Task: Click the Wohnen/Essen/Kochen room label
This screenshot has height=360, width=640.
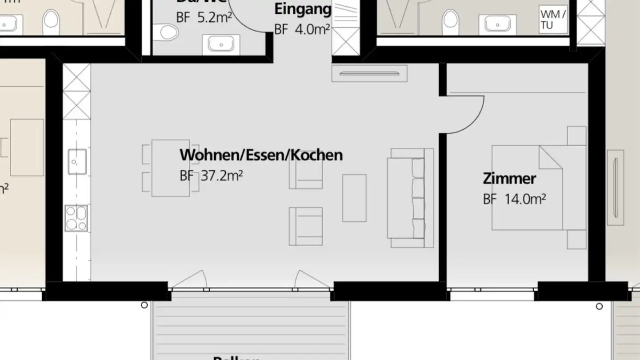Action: [261, 155]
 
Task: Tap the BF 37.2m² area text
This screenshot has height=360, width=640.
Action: [211, 176]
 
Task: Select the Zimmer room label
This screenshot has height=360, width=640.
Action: [509, 179]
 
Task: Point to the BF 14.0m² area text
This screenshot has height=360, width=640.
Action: [514, 200]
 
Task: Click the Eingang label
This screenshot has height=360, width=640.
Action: [303, 9]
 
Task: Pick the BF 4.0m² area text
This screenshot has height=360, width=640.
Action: [302, 30]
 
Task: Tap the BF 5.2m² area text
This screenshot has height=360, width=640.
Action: [204, 18]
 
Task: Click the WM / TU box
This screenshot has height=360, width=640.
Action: [553, 20]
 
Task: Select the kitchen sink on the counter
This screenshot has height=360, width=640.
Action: [77, 161]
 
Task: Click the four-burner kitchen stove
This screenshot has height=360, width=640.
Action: [76, 218]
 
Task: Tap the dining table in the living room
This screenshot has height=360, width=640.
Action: [171, 168]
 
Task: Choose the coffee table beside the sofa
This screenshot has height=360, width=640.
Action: [354, 198]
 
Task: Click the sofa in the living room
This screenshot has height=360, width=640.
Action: [410, 198]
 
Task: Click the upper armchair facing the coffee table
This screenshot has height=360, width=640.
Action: [306, 172]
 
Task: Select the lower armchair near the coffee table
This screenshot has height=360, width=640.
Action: [306, 226]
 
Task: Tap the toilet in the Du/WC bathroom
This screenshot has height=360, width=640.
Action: [168, 32]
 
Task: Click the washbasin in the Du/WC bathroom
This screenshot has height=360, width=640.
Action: [221, 44]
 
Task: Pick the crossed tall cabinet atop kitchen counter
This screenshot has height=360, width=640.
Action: [76, 91]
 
